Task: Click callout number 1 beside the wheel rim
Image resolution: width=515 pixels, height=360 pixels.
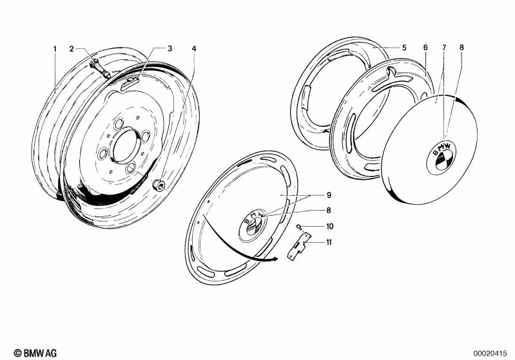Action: pyautogui.click(x=55, y=49)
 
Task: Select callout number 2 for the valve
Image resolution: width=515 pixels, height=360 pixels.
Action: pyautogui.click(x=72, y=49)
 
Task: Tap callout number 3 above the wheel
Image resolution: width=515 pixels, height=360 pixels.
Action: pyautogui.click(x=170, y=48)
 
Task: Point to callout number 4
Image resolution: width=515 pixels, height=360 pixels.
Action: pyautogui.click(x=194, y=48)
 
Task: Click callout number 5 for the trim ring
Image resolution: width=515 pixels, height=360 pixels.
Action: pyautogui.click(x=404, y=48)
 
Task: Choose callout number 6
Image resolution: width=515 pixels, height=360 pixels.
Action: pyautogui.click(x=425, y=48)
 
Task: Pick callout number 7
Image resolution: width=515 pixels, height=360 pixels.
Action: pyautogui.click(x=444, y=48)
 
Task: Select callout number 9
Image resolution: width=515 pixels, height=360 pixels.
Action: pyautogui.click(x=329, y=195)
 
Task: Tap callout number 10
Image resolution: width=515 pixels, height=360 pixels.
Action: pyautogui.click(x=330, y=226)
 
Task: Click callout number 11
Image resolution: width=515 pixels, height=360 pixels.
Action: pyautogui.click(x=329, y=242)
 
